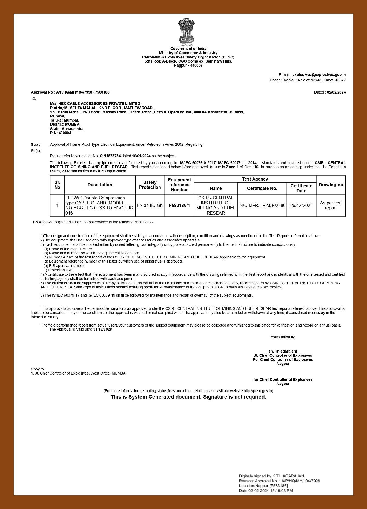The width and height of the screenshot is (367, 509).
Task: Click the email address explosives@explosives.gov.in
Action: pos(319,75)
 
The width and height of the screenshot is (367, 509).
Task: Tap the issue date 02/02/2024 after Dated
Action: pos(336,92)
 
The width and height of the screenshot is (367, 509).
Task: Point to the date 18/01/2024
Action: pos(141,156)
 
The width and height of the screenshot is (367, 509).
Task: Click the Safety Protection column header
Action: pos(150,185)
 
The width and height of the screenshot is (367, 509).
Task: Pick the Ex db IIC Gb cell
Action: pos(150,205)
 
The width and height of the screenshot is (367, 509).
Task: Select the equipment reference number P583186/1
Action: pos(179,205)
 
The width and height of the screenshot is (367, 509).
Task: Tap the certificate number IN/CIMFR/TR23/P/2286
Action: pos(262,205)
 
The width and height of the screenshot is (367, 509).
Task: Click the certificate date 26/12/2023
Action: pos(301,205)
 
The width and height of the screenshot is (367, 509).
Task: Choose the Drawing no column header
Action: pos(331,185)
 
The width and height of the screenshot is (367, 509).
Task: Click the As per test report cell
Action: pos(331,205)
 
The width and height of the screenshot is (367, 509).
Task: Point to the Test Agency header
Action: pos(255,179)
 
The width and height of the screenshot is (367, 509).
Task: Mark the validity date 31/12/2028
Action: pos(102,329)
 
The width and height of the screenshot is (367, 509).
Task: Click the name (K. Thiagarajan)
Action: pos(283,351)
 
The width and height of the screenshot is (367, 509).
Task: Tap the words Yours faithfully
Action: pos(283,337)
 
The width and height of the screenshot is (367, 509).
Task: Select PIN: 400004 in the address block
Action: pos(61,133)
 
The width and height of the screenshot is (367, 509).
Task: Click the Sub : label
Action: pos(35,144)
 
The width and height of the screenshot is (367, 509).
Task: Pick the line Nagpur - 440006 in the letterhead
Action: pos(188,65)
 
